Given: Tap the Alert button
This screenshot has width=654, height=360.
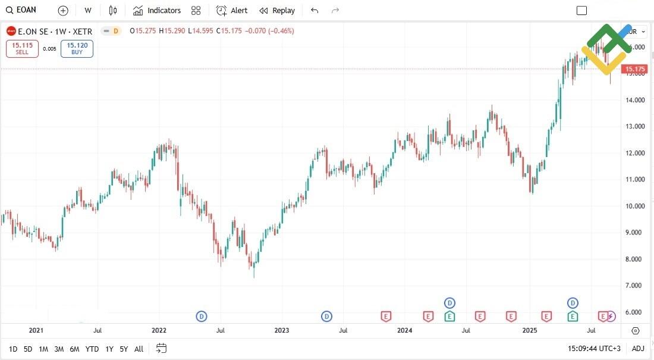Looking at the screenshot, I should (232, 10).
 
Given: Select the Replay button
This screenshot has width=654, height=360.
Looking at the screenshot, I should (277, 10).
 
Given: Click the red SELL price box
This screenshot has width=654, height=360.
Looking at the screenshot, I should (22, 48).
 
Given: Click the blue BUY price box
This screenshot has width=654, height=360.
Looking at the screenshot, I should (77, 48).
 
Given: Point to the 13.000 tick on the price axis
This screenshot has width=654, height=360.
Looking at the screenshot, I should (636, 126).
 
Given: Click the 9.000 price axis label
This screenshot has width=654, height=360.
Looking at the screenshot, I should (636, 233).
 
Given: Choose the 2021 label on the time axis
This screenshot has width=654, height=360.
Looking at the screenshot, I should (36, 330).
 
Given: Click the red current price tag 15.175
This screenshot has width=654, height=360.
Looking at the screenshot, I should (635, 70).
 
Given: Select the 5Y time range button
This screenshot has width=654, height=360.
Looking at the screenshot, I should (123, 349).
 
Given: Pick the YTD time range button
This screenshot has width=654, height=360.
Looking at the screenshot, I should (92, 349).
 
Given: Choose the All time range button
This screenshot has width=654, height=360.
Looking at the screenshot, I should (139, 349).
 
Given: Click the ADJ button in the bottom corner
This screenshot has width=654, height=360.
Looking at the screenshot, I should (637, 349).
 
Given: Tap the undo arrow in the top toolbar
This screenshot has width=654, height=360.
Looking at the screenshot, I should (315, 10).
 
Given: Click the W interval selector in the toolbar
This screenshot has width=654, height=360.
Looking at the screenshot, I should (88, 10).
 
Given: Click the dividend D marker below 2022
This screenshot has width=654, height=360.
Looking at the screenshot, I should (202, 316).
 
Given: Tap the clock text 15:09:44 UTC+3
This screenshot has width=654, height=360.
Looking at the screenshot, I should (594, 349).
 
